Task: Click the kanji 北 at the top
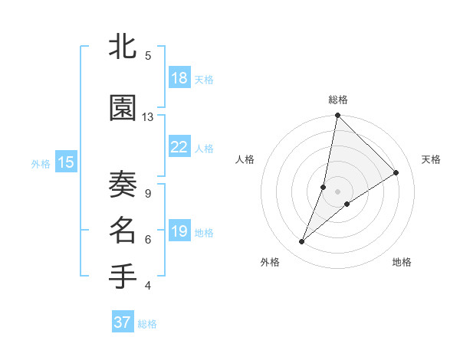(123, 47)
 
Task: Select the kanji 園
(123, 109)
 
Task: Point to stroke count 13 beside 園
(148, 117)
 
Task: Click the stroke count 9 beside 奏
(147, 193)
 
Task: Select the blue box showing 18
(179, 78)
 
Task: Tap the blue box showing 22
(179, 147)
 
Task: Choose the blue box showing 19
(179, 231)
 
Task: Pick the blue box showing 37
(123, 322)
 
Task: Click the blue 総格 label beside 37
(147, 324)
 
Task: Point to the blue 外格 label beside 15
(41, 163)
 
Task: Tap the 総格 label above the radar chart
(338, 100)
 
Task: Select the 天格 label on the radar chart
(432, 159)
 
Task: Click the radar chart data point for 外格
(302, 242)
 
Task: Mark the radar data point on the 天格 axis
(396, 173)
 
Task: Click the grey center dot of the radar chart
(338, 191)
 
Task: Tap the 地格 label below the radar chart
(402, 262)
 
